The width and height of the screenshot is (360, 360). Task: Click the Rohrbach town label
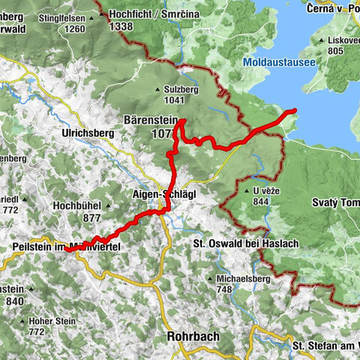click(193, 337)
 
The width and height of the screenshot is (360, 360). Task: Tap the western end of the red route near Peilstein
click(66, 250)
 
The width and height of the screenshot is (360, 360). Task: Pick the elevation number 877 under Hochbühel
click(92, 217)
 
